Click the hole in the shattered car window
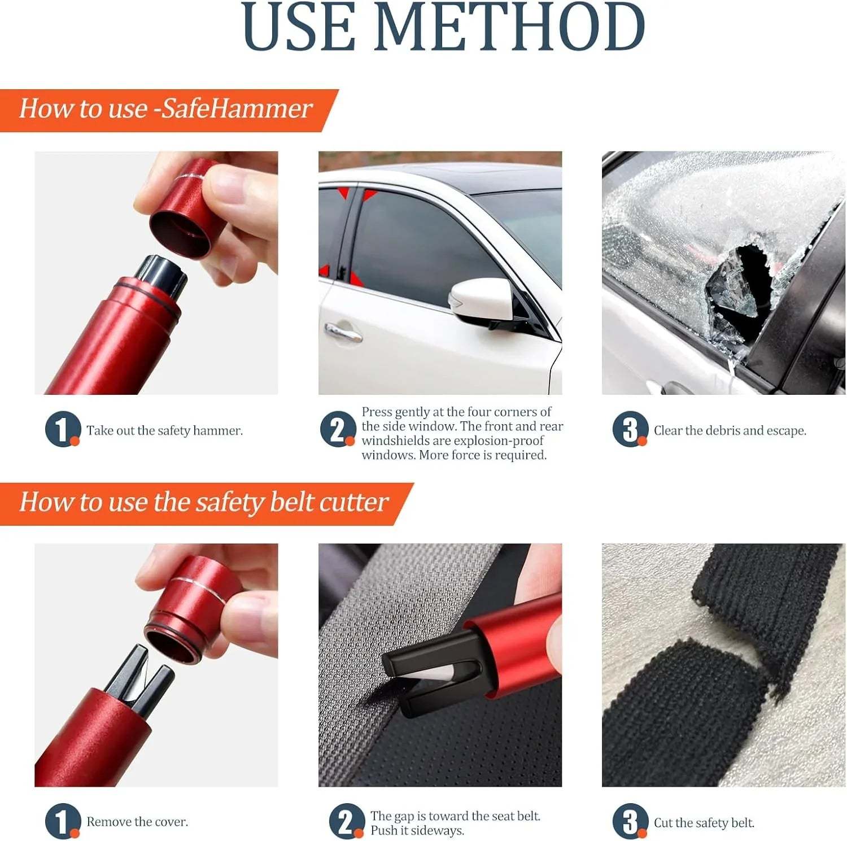point(740,282)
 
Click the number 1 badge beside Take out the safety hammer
point(62,429)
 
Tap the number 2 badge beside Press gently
point(338,429)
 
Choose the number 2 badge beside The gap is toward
point(346,821)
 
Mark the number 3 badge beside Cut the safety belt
point(630,821)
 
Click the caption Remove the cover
point(137,822)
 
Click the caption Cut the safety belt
point(704,823)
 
